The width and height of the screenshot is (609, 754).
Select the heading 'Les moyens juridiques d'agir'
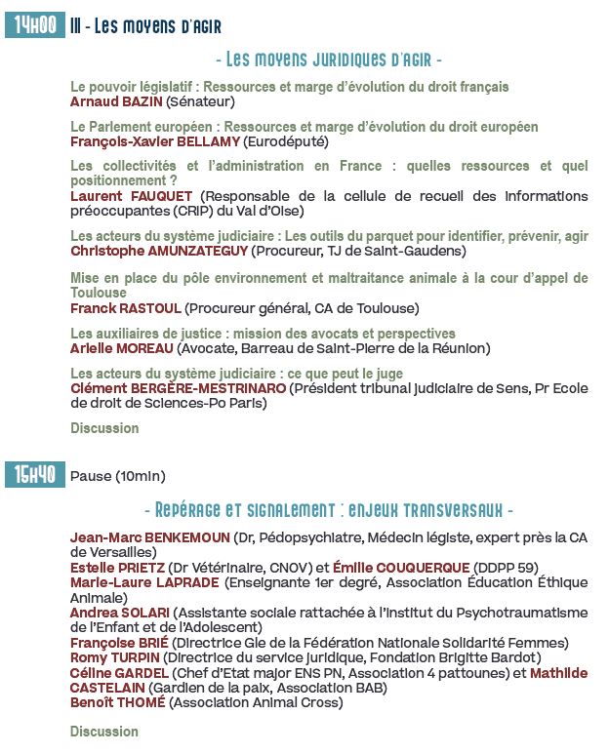[x=328, y=60]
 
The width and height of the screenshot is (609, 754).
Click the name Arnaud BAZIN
[x=116, y=100]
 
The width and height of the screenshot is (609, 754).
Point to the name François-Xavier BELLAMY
[x=155, y=141]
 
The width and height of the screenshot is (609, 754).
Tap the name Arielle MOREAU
[x=122, y=348]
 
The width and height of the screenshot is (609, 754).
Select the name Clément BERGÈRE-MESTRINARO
[x=179, y=388]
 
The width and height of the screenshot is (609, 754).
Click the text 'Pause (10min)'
[x=118, y=477]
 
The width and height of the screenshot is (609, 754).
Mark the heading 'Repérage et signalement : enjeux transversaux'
[x=328, y=510]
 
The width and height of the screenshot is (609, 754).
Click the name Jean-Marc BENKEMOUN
[x=150, y=537]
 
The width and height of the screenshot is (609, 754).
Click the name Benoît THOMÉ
[x=117, y=702]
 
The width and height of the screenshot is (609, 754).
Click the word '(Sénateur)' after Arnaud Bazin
[x=200, y=100]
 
